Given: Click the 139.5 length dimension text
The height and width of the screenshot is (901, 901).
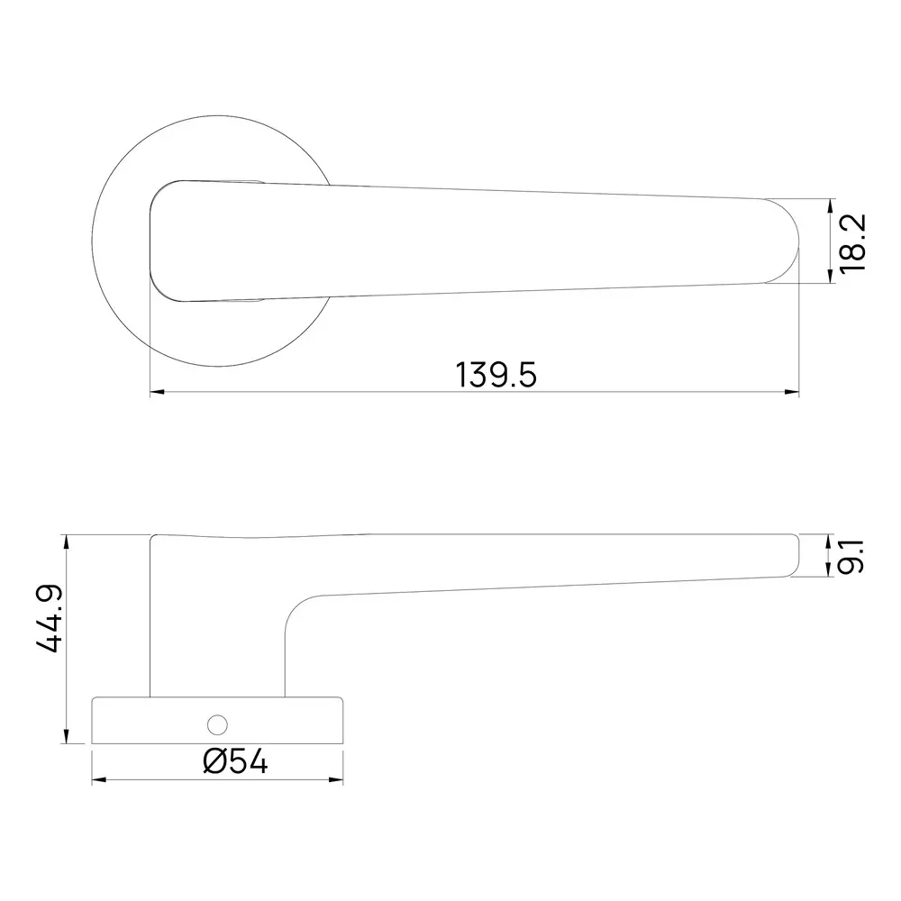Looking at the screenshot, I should tap(496, 373).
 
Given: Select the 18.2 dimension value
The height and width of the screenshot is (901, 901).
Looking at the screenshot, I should tap(851, 242).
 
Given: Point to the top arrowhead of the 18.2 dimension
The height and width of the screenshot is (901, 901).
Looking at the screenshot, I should tap(830, 205).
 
